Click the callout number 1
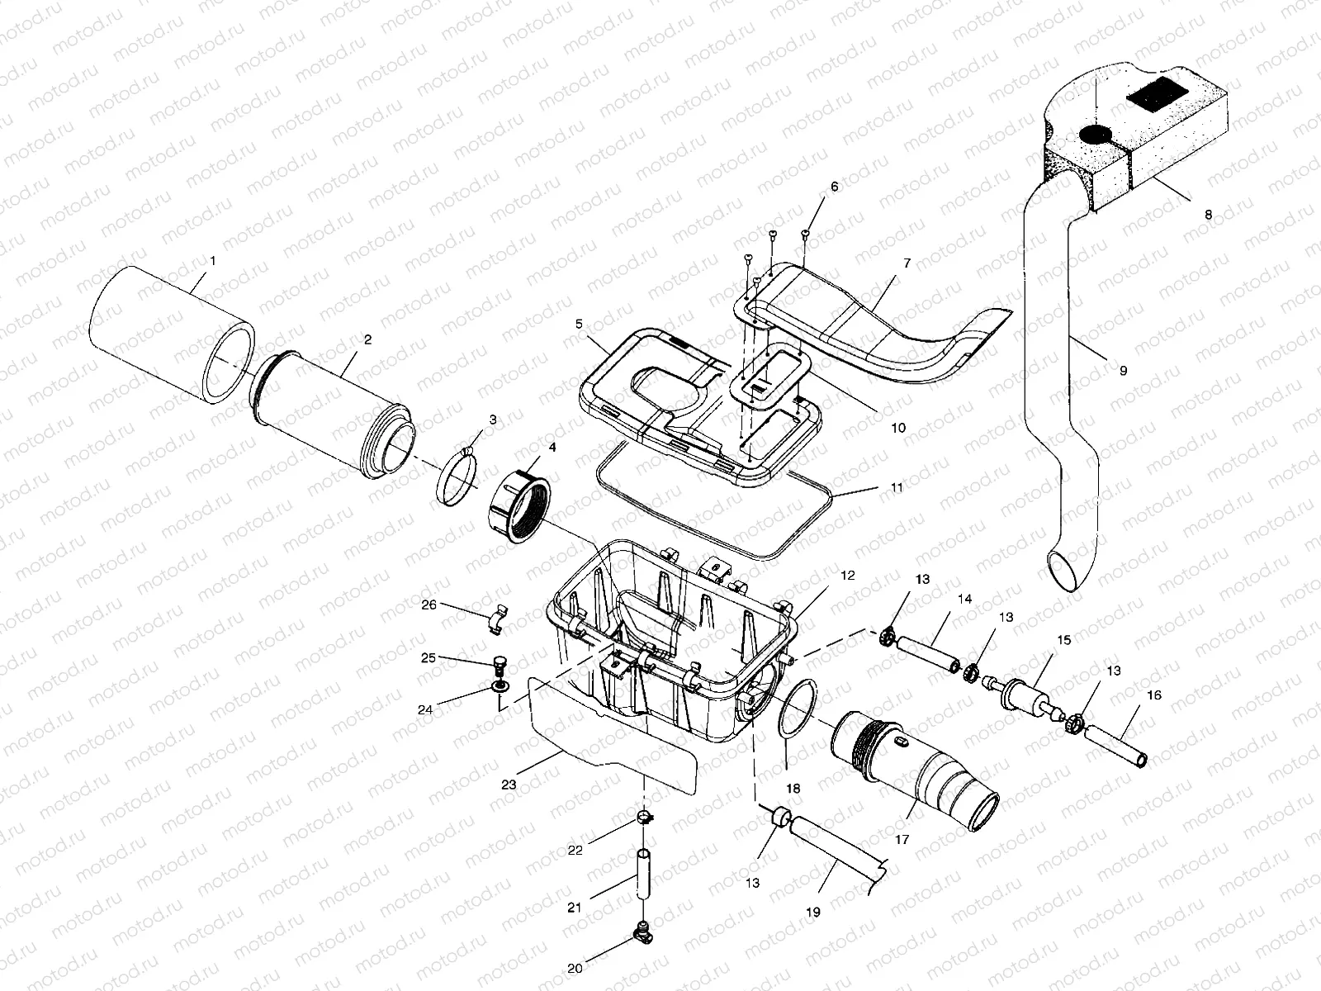(x=212, y=260)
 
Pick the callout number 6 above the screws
(x=835, y=187)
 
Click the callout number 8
(x=1208, y=215)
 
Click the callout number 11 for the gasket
(x=897, y=488)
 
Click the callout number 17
(x=901, y=839)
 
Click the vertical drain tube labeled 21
(x=641, y=875)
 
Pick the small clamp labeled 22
(x=646, y=819)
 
